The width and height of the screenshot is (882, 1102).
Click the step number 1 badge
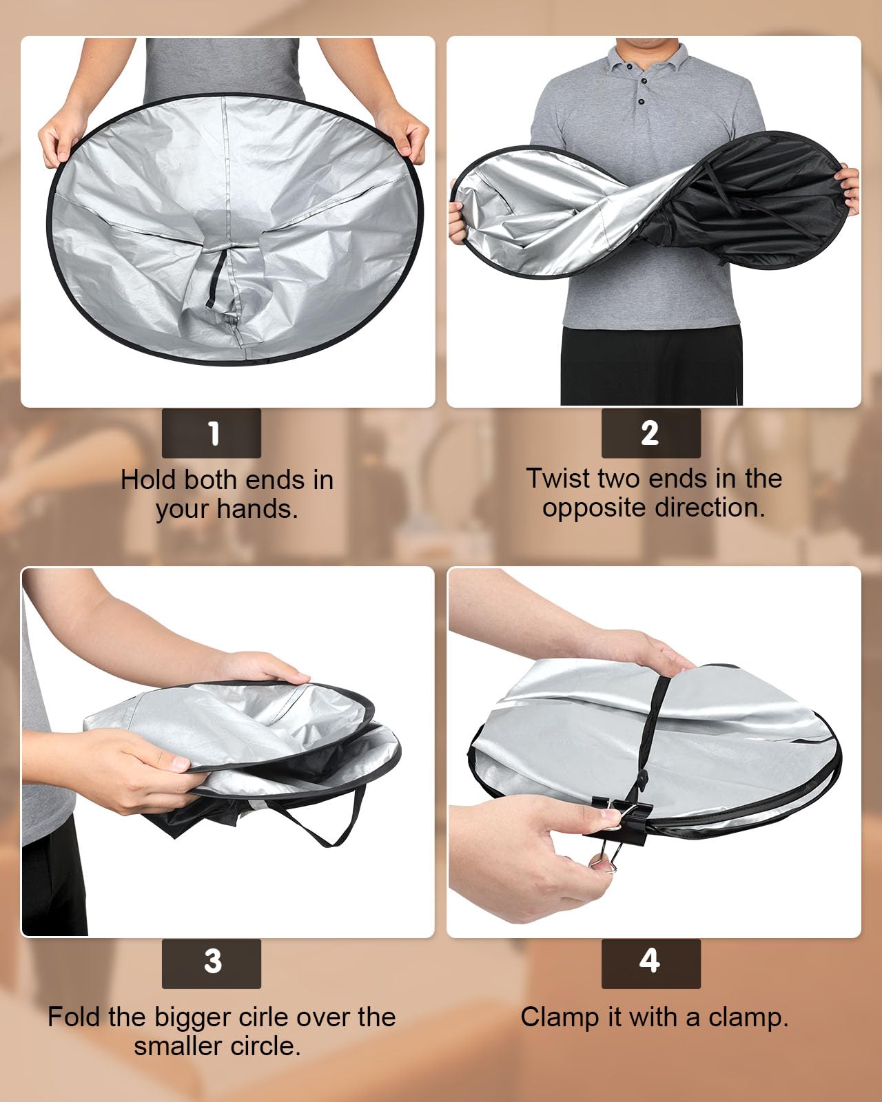[x=212, y=433]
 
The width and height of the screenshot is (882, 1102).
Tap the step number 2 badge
[x=650, y=433]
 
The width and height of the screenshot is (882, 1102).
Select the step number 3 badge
[x=212, y=963]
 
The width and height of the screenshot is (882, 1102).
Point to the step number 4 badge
[x=650, y=963]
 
